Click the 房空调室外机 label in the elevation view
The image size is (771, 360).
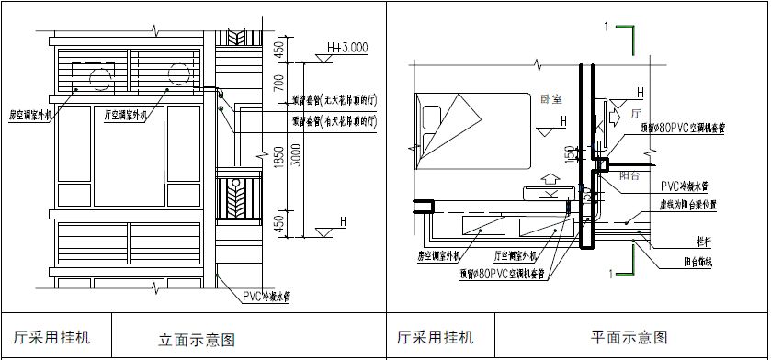[x=32, y=116]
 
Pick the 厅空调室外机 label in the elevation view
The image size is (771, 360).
[x=129, y=116]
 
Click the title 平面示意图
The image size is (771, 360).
[x=629, y=338]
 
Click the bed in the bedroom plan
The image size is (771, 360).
[x=473, y=129]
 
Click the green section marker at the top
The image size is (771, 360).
[x=627, y=36]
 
